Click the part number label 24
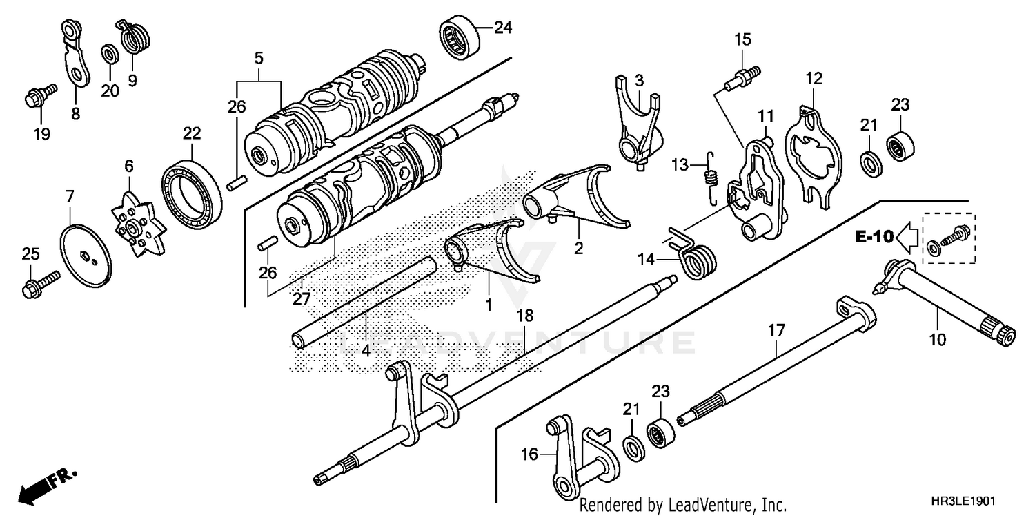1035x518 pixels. coord(503,28)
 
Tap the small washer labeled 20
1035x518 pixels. coord(108,53)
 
